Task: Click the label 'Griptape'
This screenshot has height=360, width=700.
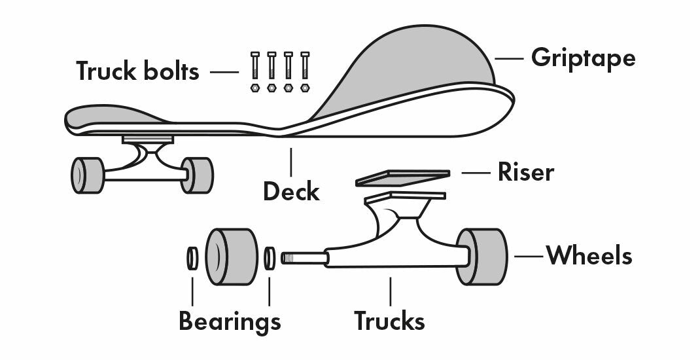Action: (x=583, y=58)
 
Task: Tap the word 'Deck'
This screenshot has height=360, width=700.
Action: (x=291, y=192)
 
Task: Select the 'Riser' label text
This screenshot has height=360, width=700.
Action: (x=525, y=172)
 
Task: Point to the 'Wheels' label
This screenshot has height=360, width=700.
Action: (x=589, y=255)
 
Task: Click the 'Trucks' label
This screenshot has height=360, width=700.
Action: (x=389, y=321)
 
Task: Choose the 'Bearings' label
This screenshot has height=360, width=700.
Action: (x=230, y=321)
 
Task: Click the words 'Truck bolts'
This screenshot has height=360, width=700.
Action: (x=137, y=71)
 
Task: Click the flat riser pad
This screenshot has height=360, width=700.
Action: (x=402, y=177)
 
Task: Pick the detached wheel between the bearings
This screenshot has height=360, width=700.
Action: (x=231, y=257)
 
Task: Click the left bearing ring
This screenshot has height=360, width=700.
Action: (x=192, y=257)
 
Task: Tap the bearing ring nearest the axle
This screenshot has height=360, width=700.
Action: (x=270, y=257)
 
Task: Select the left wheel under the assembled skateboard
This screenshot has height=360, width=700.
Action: (x=86, y=175)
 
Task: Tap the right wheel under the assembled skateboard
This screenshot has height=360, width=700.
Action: (x=197, y=175)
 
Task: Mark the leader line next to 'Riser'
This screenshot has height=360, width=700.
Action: (x=476, y=173)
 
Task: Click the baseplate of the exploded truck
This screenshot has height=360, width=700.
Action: (x=406, y=196)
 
